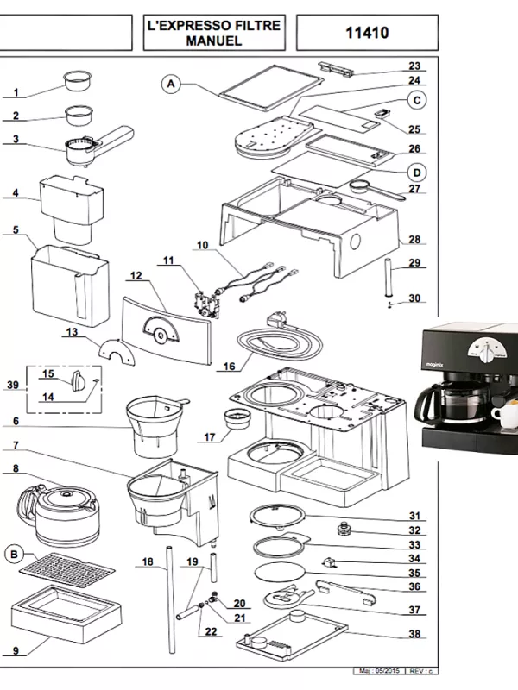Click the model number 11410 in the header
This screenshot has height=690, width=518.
(x=367, y=34)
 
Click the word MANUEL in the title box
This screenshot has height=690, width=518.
(x=214, y=41)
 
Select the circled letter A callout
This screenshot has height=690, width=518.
(x=171, y=84)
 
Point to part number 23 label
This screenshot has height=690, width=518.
(x=414, y=66)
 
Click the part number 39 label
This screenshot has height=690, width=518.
(x=11, y=386)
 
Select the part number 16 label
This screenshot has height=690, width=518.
(x=229, y=367)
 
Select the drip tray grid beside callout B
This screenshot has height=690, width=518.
(x=67, y=569)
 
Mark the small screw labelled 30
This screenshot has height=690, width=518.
(x=389, y=303)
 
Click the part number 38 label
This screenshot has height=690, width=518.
(x=414, y=634)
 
